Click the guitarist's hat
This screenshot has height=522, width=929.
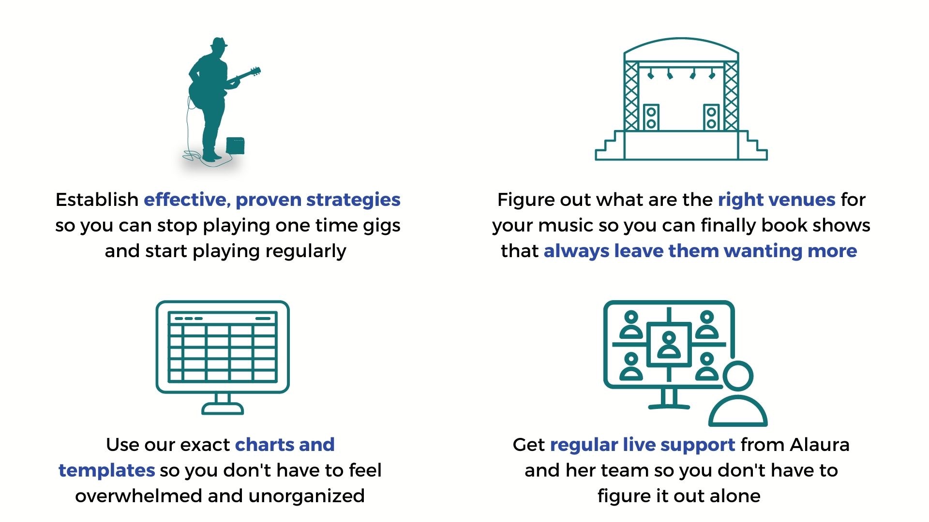tap(219, 43)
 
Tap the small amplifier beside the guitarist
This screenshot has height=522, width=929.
tap(235, 145)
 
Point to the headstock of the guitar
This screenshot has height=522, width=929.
tap(255, 72)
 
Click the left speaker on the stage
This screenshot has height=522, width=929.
tap(651, 117)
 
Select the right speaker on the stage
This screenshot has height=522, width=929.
tap(711, 117)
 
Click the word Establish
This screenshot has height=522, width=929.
tap(97, 200)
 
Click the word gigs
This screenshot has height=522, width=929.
tap(382, 226)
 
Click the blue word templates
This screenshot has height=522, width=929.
tap(106, 470)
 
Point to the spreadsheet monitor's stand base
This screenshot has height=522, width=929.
tap(223, 409)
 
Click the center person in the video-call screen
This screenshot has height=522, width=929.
tap(669, 345)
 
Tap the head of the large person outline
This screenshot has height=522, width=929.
tap(738, 377)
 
